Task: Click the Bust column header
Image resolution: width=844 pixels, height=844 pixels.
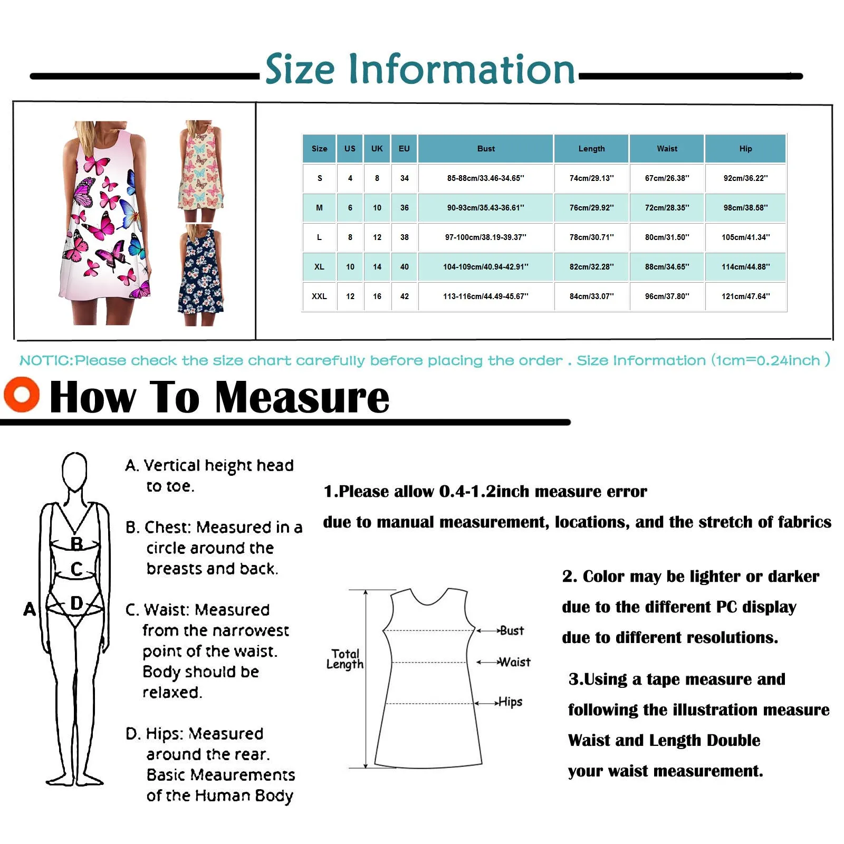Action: point(486,149)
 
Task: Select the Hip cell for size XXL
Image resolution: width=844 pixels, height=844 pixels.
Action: point(745,296)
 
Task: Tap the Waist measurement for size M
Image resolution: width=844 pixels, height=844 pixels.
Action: point(667,208)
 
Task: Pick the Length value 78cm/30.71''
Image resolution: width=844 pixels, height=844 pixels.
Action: point(591,237)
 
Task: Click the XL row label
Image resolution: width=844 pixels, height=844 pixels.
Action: point(319,267)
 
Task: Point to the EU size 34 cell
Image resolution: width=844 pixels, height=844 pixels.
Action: point(404,178)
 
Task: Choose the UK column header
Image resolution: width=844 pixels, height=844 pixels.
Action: point(377,149)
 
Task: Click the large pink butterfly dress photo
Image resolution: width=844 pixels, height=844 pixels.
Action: point(105,222)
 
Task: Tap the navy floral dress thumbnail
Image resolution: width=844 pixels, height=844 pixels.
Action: point(200,274)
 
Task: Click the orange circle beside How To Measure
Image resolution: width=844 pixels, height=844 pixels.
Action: point(22,395)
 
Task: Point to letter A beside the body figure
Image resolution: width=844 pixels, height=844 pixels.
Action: point(30,609)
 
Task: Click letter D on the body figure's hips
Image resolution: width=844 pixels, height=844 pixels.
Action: point(76,603)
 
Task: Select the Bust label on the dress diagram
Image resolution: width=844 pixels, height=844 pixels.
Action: point(511,630)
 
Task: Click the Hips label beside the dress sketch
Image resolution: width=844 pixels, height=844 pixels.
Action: point(510,702)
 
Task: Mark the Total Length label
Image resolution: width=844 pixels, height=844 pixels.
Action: point(345,659)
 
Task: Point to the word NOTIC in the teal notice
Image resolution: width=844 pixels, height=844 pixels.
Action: point(45,361)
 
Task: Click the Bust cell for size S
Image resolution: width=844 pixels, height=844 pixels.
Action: point(486,178)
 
